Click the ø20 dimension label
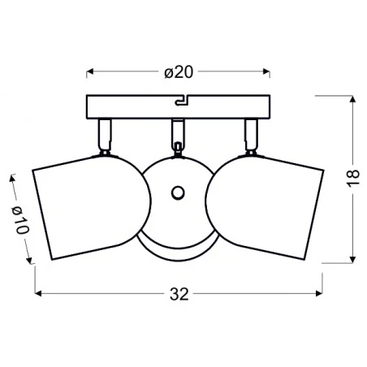coord(179,72)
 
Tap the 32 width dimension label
coord(179,294)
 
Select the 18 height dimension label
coord(352,179)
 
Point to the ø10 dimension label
coord(20,220)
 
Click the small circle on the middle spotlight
coord(178,193)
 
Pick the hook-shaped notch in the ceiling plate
coord(182,100)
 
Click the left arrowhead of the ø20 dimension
coord(90,71)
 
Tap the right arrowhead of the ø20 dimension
coord(266,71)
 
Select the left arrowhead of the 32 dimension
coord(38,294)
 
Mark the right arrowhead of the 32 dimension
coord(319,294)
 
